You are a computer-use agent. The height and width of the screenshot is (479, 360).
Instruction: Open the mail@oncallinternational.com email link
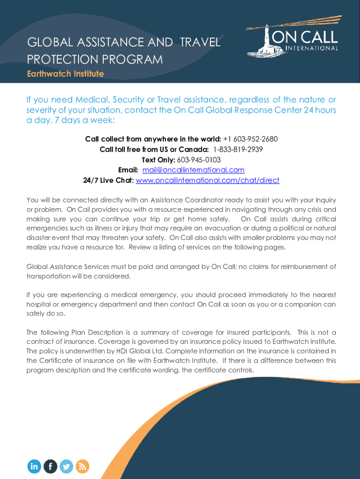point(193,170)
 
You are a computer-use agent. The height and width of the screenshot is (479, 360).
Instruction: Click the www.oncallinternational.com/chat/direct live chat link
point(207,180)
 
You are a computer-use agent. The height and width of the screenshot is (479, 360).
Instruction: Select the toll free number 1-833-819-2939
point(238,149)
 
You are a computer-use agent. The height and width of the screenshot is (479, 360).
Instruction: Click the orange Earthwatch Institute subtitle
point(65,74)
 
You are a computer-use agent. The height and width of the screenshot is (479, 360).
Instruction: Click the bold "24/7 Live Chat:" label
point(108,180)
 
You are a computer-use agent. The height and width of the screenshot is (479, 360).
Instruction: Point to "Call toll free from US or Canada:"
point(154,149)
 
